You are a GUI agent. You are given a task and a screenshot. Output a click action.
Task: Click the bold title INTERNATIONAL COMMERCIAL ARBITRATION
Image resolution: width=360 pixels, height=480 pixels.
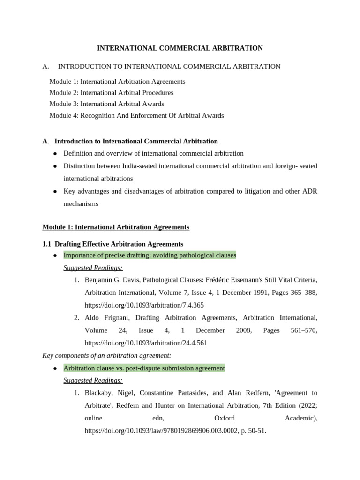tap(180, 48)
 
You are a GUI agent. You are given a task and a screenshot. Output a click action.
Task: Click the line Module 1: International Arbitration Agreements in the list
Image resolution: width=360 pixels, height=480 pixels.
tap(117, 82)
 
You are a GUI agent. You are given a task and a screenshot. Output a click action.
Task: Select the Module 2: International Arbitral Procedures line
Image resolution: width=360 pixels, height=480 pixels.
tap(111, 93)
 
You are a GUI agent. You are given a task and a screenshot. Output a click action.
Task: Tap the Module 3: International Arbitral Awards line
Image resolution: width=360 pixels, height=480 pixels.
tap(106, 104)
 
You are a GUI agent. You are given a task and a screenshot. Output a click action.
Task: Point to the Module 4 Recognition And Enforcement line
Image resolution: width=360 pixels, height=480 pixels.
tap(136, 115)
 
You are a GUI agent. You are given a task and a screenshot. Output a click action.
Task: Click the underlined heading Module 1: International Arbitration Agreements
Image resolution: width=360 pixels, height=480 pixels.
tap(116, 227)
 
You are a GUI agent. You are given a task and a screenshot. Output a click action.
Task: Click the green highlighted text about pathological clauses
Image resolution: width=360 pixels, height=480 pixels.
tap(150, 255)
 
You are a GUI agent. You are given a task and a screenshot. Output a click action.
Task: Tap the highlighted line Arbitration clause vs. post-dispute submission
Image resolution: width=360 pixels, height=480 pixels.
tap(144, 368)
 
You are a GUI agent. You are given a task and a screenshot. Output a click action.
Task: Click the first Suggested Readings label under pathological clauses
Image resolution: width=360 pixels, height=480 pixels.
tap(93, 268)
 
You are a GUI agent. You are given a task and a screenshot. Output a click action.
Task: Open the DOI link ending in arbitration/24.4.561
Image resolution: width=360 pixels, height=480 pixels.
tap(146, 343)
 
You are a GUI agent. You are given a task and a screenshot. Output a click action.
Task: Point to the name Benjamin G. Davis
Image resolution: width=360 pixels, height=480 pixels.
tap(112, 280)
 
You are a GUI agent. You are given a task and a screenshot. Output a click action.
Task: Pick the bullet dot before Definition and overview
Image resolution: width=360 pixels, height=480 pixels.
tap(55, 154)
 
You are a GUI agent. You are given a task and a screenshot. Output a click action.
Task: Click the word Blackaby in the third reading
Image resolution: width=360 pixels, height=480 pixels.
tap(99, 393)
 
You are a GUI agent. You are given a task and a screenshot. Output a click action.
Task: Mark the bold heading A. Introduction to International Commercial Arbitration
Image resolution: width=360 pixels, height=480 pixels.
tap(130, 141)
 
